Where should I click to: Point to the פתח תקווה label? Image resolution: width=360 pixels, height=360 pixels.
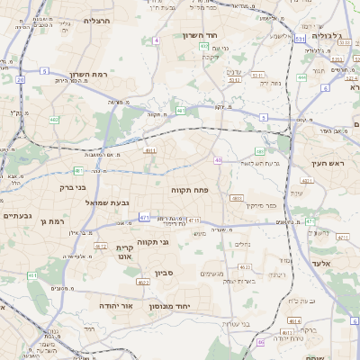[x=188, y=191]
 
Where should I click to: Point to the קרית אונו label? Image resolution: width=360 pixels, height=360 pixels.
[x=125, y=251]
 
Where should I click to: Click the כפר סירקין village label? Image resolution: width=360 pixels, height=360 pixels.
[x=262, y=205]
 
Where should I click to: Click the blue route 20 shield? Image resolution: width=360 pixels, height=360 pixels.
[x=20, y=79]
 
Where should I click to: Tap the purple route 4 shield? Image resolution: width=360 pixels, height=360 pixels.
[x=157, y=40]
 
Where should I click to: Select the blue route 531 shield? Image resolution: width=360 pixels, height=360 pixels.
[x=300, y=39]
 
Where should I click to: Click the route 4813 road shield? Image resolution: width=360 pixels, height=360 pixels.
[x=237, y=198]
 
